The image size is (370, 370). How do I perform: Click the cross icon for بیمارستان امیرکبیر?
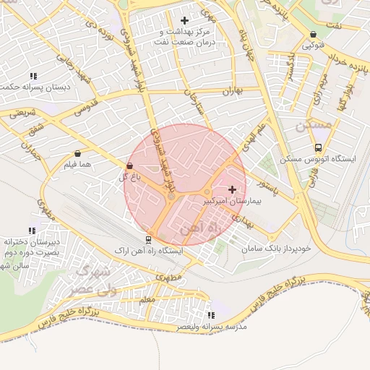[231, 189]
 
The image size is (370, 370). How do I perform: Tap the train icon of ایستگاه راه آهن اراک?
[148, 240]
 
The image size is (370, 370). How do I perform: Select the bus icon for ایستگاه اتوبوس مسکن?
[318, 147]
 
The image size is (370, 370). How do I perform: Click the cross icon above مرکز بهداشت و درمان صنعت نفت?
[184, 20]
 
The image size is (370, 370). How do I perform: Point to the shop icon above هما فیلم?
[77, 154]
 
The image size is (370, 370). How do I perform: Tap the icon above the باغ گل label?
[129, 166]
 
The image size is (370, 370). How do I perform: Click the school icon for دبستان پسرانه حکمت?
[33, 76]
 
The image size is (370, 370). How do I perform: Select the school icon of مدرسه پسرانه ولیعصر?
[211, 315]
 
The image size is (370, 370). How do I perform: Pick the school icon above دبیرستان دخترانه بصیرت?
[31, 231]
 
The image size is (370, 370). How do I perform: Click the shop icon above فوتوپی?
[313, 34]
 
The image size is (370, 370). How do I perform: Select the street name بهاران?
[231, 91]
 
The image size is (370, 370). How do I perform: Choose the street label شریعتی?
[22, 113]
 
